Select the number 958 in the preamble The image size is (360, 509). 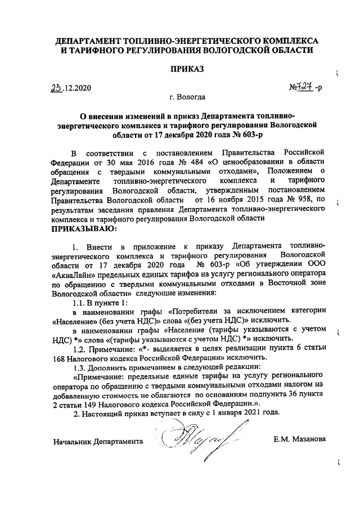point(304,199)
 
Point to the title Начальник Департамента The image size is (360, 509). point(97,442)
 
